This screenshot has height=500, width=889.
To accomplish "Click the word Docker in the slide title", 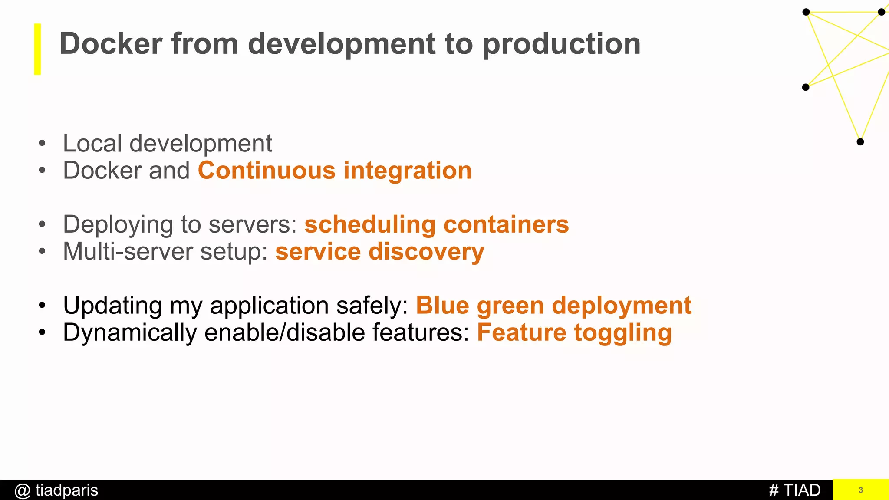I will (x=111, y=44).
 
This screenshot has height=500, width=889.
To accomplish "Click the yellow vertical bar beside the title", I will (x=38, y=49).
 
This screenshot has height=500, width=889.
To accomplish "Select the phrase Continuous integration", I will (x=335, y=170).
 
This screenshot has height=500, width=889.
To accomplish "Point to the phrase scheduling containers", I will (x=436, y=224).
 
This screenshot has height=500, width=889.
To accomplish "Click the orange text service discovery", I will (x=379, y=252).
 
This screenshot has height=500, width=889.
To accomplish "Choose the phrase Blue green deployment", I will (x=553, y=306).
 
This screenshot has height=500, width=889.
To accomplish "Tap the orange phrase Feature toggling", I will (x=574, y=333).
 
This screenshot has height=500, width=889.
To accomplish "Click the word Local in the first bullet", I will (x=92, y=143).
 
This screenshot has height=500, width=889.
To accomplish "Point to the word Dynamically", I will (x=130, y=333).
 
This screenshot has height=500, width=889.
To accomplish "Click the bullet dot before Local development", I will (x=42, y=143).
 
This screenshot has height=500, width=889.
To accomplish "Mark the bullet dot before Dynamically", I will (x=42, y=333).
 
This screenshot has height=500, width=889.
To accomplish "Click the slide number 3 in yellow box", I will (x=860, y=490).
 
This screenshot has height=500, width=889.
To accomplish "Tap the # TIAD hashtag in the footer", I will (x=794, y=490).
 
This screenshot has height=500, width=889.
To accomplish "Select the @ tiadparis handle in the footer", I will (x=56, y=490).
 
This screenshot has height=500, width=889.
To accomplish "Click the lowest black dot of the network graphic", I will (x=860, y=141).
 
